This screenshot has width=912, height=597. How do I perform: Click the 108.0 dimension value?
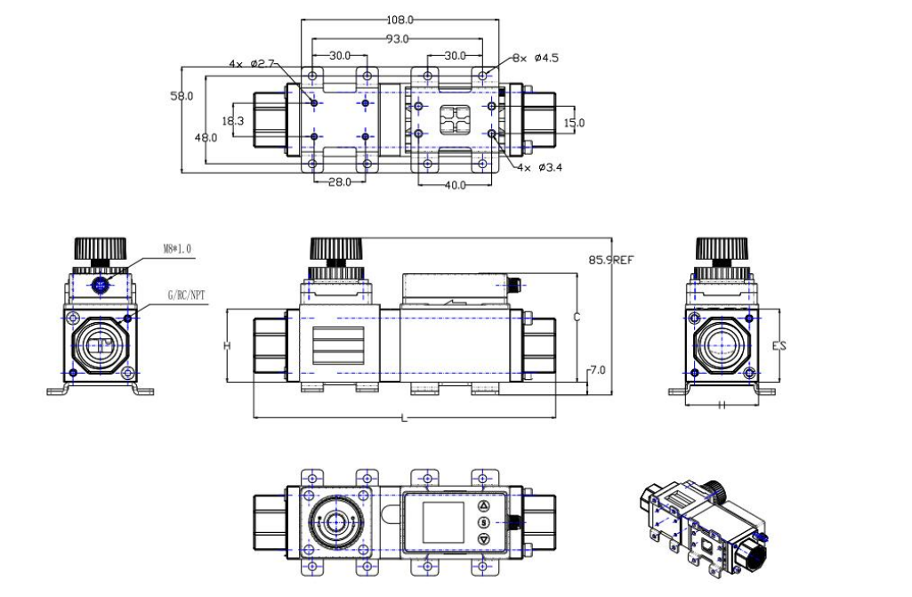coord(400,20)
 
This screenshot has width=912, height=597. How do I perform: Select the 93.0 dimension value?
coord(397,39)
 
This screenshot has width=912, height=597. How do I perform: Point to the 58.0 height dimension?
coord(182,96)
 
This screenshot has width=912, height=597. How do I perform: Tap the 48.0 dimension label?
coord(206,138)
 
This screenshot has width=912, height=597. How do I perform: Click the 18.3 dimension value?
coord(232,121)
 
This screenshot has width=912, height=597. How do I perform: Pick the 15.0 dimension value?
coord(574,123)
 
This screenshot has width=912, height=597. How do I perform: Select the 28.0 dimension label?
coord(340,182)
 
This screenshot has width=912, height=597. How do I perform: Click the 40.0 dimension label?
coord(455,186)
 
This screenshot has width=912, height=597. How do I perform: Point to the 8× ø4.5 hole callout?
coord(536,58)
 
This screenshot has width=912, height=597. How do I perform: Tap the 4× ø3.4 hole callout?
coord(540,167)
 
